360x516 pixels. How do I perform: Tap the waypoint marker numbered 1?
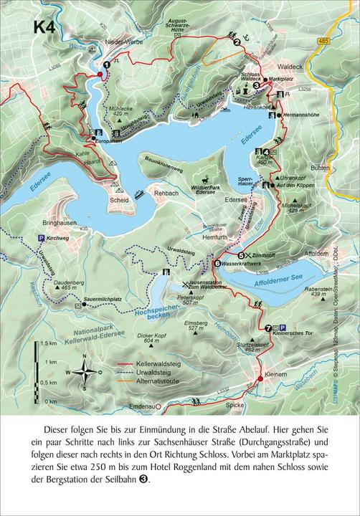pyautogui.click(x=106, y=64)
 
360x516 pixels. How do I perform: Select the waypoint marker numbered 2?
pyautogui.click(x=237, y=42)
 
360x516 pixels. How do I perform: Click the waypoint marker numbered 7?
pyautogui.click(x=268, y=328)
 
